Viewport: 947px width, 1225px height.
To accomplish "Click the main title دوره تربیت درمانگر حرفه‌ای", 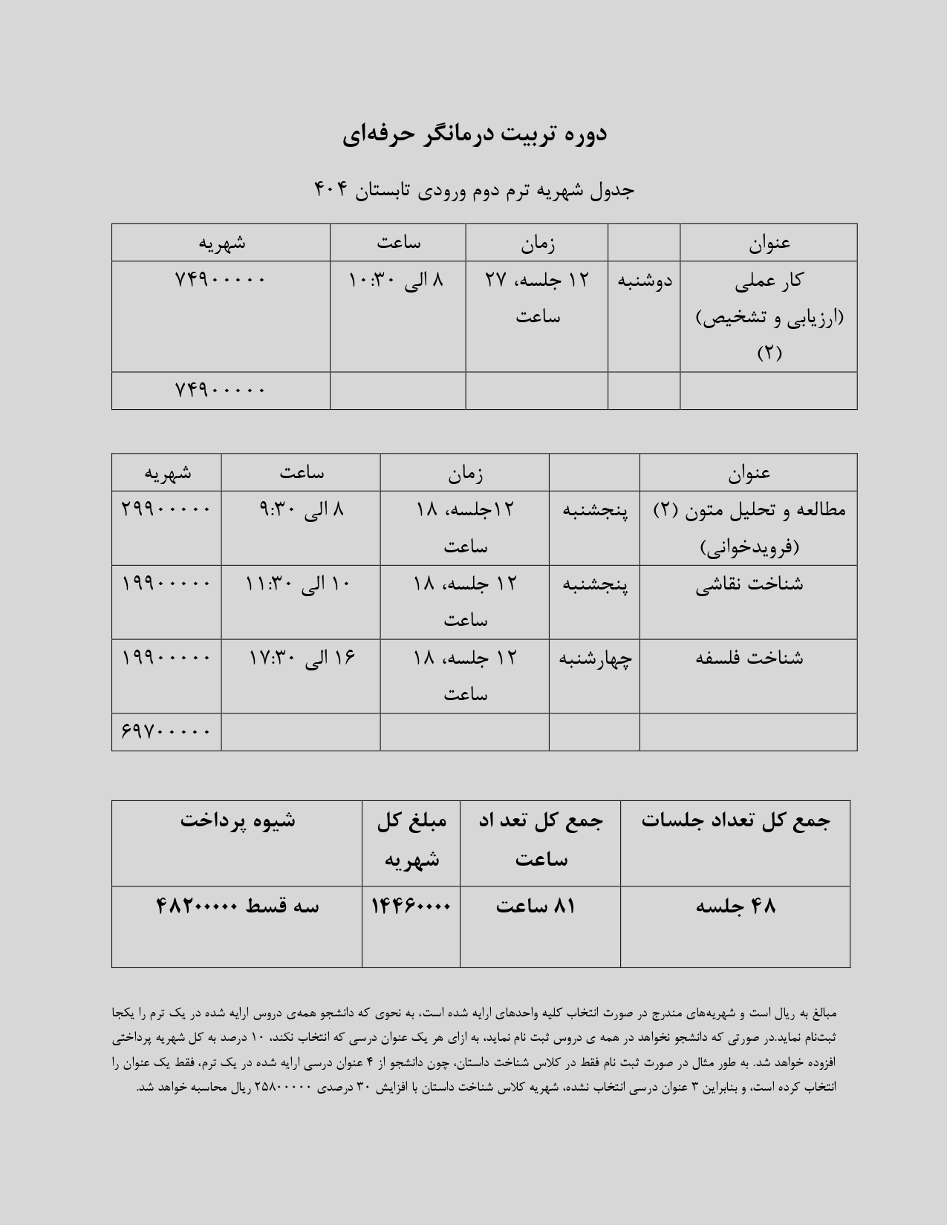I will click(474, 134).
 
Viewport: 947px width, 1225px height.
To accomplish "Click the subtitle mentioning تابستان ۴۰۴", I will click(474, 190).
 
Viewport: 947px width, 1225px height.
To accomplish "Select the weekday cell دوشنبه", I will click(644, 281).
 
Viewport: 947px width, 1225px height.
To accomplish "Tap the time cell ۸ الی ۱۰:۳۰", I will click(397, 281).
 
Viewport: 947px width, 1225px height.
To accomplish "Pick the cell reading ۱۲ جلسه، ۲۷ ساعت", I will click(536, 298).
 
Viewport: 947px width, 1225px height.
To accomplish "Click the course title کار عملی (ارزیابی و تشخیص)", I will click(769, 316).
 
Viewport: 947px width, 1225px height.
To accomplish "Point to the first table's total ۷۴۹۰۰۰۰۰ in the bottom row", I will click(220, 390).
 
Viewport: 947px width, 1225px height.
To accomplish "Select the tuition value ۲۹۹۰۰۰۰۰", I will click(166, 509).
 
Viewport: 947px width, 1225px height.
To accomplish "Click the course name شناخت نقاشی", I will click(749, 584).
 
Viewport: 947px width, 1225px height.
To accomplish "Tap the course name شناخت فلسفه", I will click(749, 659).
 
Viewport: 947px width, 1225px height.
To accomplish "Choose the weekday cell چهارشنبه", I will click(594, 659).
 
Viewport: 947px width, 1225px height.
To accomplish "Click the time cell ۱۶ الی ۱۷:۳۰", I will click(301, 659).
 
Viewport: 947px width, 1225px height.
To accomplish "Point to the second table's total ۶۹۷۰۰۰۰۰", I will click(166, 732).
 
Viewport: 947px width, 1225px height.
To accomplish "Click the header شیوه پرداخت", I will click(237, 820).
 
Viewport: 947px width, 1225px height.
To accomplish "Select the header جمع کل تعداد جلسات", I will click(735, 820).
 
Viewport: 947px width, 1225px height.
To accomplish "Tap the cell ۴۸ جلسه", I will click(735, 906).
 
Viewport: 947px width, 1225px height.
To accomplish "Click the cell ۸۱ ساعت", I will click(536, 906).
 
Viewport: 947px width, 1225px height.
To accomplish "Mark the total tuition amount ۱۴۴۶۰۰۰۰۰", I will click(411, 906).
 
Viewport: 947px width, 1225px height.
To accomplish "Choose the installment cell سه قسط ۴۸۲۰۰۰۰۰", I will click(237, 906).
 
